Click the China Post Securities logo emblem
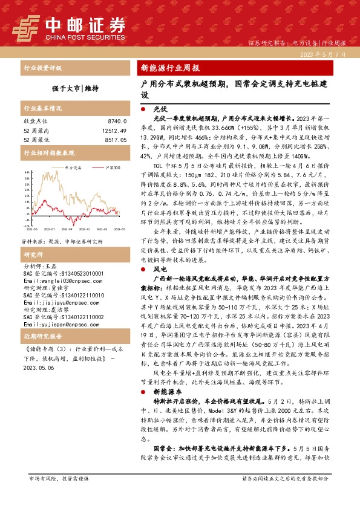(x=27, y=27)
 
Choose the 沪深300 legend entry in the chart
(x=110, y=167)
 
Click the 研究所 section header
(x=34, y=238)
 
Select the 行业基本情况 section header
(x=42, y=108)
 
